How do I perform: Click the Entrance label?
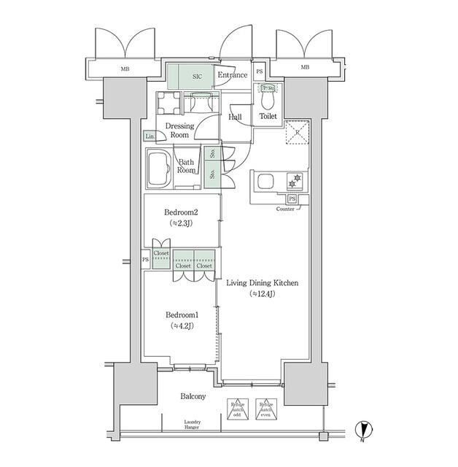click(x=233, y=75)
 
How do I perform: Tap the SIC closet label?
click(x=197, y=75)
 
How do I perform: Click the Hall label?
click(x=235, y=116)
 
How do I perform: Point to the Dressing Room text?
click(x=179, y=131)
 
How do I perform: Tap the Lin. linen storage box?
click(x=150, y=136)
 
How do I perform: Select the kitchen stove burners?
click(x=297, y=180)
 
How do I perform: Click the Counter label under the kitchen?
click(x=285, y=209)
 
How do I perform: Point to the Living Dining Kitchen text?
click(x=262, y=284)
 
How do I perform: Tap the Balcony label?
click(x=193, y=396)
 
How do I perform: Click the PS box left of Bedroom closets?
click(x=144, y=258)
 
